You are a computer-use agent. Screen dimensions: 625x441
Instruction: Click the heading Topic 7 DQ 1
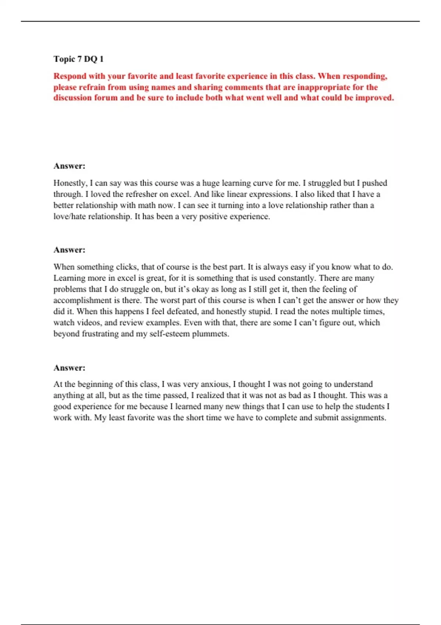[78, 59]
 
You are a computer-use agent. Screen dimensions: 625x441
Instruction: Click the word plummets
[211, 334]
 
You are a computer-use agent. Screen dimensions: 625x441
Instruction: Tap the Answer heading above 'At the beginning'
[69, 368]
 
